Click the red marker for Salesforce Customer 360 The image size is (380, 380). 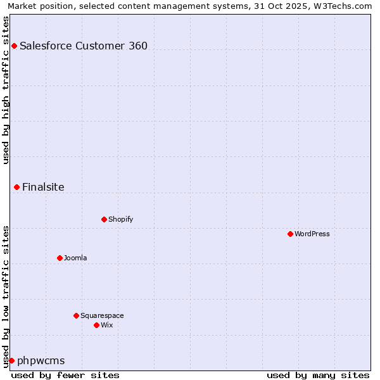(14, 46)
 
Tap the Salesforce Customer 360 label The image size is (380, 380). (84, 46)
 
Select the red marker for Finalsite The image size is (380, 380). (16, 187)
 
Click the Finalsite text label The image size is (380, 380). (43, 187)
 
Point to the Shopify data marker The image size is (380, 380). (104, 219)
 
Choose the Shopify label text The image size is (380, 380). (120, 219)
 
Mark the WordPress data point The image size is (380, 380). (290, 234)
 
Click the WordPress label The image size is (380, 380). (312, 234)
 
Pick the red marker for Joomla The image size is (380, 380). (60, 258)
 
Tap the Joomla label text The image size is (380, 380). (75, 258)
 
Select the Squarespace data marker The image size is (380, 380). (76, 315)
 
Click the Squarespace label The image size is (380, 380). (102, 315)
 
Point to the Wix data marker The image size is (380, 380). (96, 325)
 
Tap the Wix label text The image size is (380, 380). (107, 325)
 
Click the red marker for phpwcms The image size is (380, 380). (11, 360)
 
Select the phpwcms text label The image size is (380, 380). (41, 360)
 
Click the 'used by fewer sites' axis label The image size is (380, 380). (65, 375)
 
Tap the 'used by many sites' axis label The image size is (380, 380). (318, 375)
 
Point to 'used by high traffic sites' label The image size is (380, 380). (6, 90)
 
